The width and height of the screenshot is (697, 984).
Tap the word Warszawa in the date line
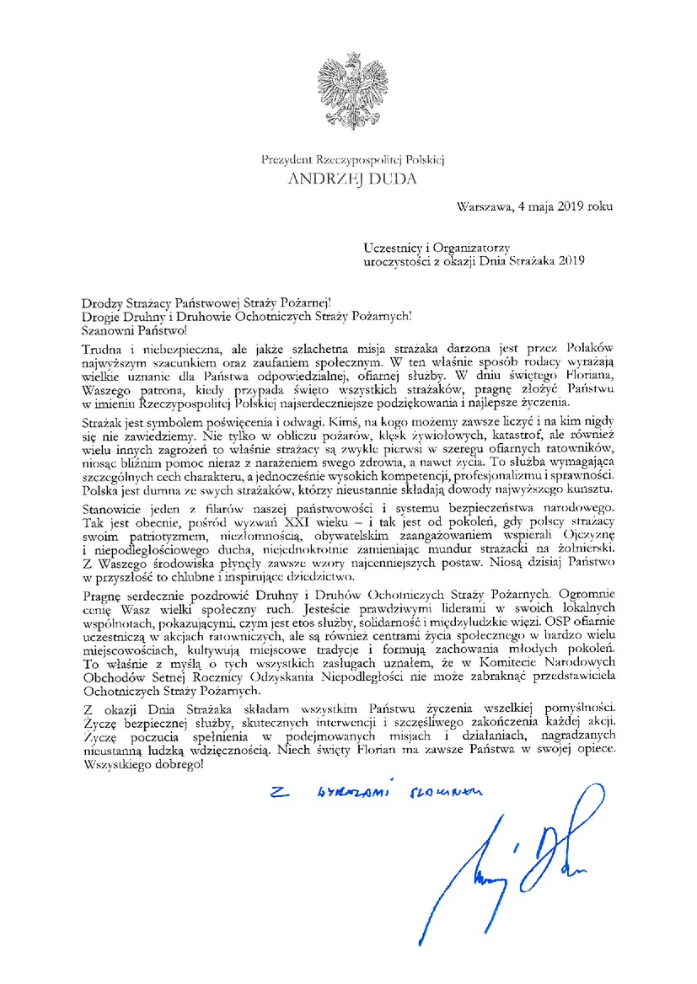(485, 206)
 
